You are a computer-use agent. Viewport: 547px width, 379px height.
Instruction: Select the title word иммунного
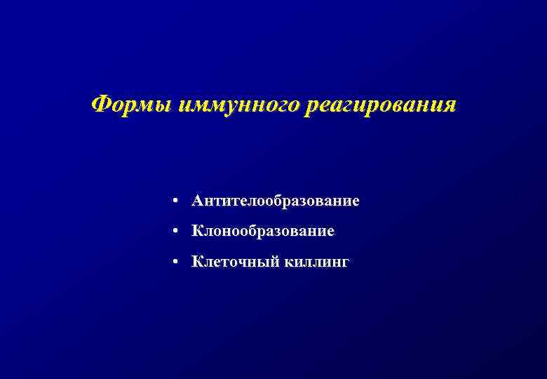(239, 105)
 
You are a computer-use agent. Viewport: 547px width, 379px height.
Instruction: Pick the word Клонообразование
(263, 231)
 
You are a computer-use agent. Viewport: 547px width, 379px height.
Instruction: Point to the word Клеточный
(236, 262)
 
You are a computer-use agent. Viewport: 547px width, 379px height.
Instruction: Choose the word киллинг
(316, 262)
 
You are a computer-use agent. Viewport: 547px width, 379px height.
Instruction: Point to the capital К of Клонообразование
(196, 231)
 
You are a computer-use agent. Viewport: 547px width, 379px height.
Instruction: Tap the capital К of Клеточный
(196, 262)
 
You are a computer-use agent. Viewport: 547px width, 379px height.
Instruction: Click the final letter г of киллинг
(344, 263)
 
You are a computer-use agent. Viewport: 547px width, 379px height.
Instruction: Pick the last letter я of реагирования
(450, 106)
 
